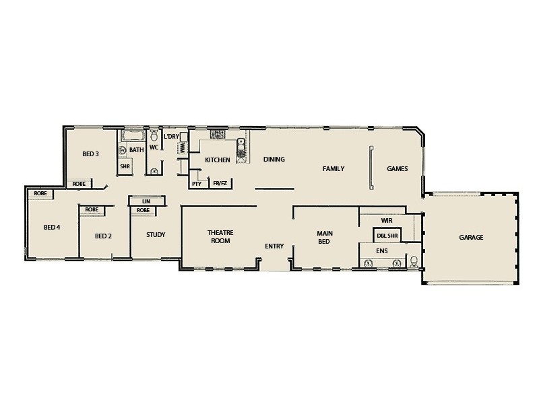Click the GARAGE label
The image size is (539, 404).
click(471, 238)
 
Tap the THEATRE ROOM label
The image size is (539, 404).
click(220, 236)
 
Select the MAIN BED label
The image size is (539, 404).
click(323, 237)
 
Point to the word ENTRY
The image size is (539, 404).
click(274, 246)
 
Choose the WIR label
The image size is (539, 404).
click(386, 220)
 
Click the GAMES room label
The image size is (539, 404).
click(397, 169)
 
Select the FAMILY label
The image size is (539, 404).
click(334, 168)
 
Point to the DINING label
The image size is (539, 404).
click(274, 160)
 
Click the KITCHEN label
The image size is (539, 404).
click(218, 160)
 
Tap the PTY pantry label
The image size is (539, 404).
click(197, 183)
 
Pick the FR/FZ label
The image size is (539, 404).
click(220, 183)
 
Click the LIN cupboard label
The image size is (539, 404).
click(143, 201)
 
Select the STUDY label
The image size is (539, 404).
click(155, 235)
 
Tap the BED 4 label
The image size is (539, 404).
click(52, 227)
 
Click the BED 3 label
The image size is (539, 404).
click(91, 154)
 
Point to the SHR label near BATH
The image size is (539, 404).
click(125, 166)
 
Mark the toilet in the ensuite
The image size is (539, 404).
click(413, 261)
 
